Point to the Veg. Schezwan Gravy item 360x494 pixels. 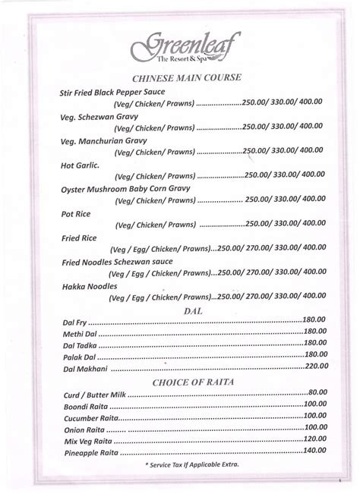click(96, 118)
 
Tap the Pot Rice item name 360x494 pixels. click(71, 214)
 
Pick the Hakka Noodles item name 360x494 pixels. click(85, 287)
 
